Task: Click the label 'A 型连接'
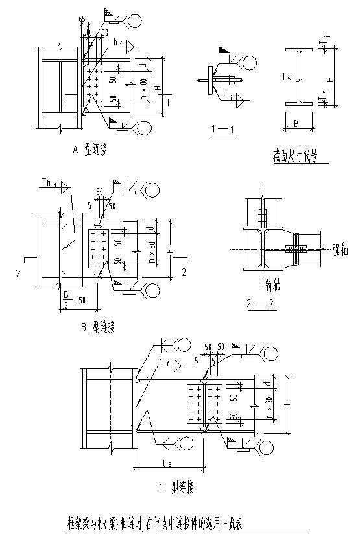click(x=90, y=150)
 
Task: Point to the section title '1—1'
click(x=222, y=128)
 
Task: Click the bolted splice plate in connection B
click(x=99, y=248)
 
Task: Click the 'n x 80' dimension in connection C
click(x=270, y=404)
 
